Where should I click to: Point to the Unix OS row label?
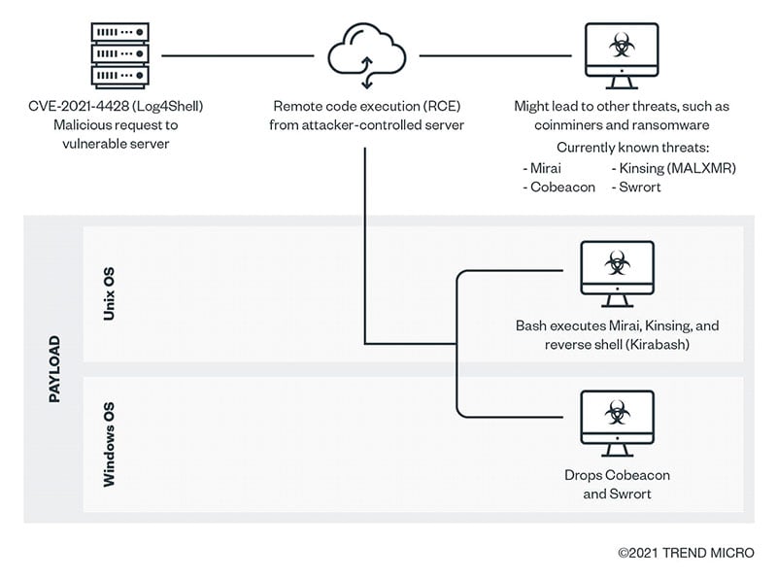coord(110,294)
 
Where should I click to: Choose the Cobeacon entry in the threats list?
coord(558,187)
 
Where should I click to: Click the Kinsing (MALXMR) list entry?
coord(673,168)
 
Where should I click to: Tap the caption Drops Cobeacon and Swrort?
coord(617,485)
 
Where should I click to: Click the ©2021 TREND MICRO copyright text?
coord(685,553)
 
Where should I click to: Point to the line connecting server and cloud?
coord(238,55)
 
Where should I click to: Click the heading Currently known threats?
coord(616,148)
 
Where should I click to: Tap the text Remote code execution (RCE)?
coord(366,107)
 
